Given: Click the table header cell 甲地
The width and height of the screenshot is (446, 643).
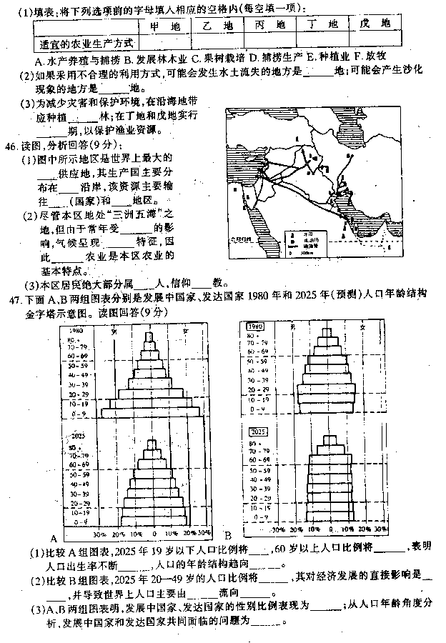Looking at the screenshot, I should [x=165, y=25].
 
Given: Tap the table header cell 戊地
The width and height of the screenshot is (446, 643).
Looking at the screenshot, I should [x=375, y=25].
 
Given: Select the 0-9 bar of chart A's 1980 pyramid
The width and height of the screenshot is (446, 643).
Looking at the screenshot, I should [x=151, y=412].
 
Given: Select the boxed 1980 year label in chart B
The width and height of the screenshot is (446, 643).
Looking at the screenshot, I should [x=255, y=326].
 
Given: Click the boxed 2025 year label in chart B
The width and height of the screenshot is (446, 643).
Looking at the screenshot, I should [x=256, y=432].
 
